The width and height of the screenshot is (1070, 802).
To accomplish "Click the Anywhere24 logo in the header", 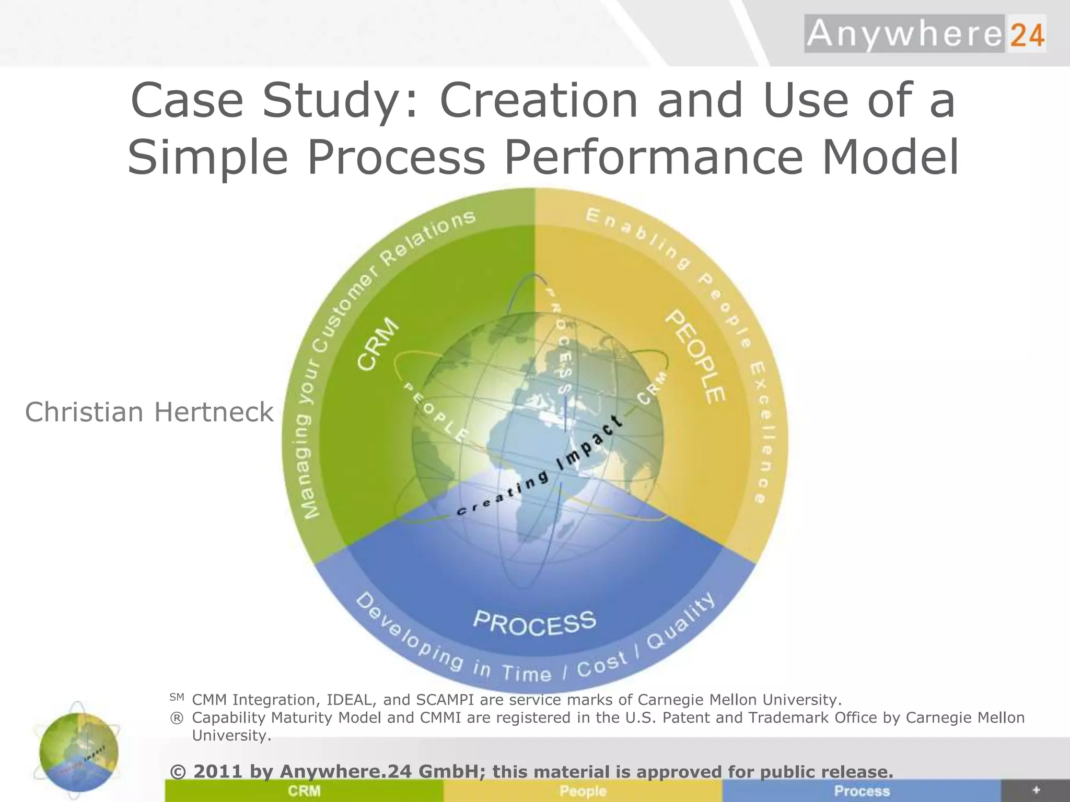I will [x=925, y=34].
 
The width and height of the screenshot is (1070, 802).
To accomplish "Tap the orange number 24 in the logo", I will [x=1026, y=35].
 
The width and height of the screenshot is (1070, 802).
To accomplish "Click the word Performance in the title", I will [x=654, y=157].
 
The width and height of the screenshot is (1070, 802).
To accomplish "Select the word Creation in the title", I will [x=539, y=100].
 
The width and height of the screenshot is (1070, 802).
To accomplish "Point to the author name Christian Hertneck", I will [x=149, y=412].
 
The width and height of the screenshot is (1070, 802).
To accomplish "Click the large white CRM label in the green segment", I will [x=378, y=345].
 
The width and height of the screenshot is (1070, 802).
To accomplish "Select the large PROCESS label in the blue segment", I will [x=534, y=623].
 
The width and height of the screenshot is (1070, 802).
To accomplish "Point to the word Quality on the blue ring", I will [x=681, y=621].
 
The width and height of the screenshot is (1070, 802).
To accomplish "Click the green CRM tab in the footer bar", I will [x=304, y=791].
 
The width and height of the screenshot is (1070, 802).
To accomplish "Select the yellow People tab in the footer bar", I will [x=583, y=791].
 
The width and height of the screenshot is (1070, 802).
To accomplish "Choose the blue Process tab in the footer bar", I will [x=862, y=791].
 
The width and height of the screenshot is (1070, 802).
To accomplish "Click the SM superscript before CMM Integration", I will [x=177, y=697].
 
